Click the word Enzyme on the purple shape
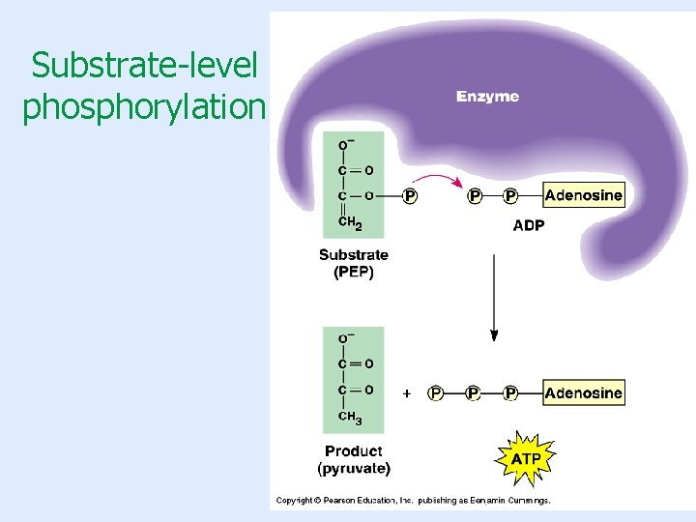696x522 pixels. [x=487, y=97]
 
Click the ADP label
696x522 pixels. [x=528, y=225]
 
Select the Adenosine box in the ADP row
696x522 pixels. [x=583, y=195]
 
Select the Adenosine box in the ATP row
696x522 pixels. [x=583, y=392]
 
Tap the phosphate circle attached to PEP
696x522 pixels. [x=411, y=196]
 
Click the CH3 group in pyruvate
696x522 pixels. [x=350, y=418]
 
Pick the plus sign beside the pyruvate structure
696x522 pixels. [x=407, y=393]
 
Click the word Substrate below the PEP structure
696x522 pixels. [x=354, y=255]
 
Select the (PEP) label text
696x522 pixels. [x=354, y=272]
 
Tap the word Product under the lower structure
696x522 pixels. [x=354, y=451]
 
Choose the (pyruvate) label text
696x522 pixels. [x=354, y=469]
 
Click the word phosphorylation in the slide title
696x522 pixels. [x=143, y=107]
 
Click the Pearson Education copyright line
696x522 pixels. [x=414, y=501]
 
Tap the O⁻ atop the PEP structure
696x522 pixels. [x=344, y=145]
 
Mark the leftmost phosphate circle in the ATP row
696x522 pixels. [x=436, y=393]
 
